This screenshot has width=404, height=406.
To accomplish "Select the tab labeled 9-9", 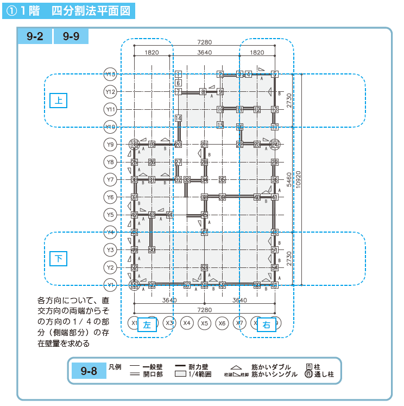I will (71, 37).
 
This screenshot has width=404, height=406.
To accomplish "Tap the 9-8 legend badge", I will (89, 372).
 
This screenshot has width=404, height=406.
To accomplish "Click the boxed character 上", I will (59, 101).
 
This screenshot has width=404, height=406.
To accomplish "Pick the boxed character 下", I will (59, 259).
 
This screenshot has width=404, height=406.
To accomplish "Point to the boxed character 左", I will (147, 325).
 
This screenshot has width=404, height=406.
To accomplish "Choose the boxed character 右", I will (266, 325).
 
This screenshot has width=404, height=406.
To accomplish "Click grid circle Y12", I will (110, 92).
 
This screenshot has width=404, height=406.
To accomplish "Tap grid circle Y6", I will (110, 197).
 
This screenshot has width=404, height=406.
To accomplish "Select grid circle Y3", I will (110, 250).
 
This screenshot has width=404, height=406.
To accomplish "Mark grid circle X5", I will (204, 323).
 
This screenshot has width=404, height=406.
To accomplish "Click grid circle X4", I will (187, 323).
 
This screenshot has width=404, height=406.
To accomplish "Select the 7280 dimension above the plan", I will (204, 42).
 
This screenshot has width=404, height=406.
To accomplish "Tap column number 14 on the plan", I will (178, 118).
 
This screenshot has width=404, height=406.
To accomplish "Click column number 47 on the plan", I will (204, 233).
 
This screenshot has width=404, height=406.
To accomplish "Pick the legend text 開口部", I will (153, 374).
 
